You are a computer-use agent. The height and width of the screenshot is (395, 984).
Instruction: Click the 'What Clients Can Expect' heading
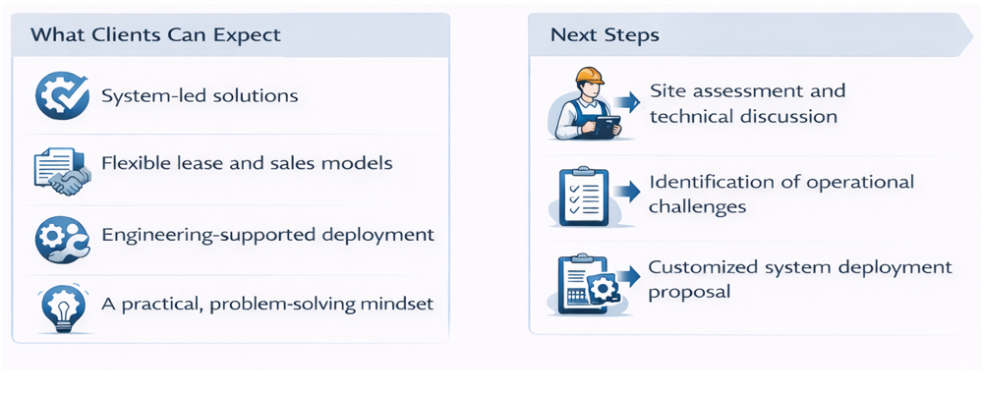155,35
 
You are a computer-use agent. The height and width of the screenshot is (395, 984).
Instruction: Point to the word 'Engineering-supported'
207,235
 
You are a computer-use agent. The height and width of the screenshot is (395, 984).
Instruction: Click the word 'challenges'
697,206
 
